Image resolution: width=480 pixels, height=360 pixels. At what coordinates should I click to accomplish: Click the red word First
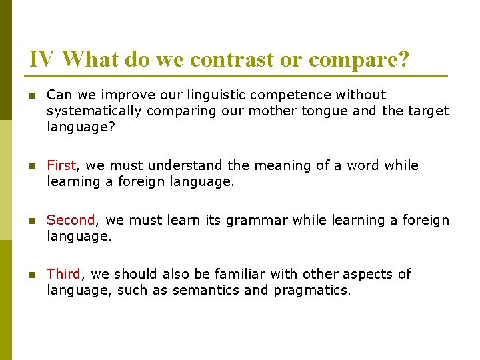[62, 165]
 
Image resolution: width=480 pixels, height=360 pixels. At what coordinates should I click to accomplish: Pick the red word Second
[71, 219]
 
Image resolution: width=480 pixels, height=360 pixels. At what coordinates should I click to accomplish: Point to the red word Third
[63, 273]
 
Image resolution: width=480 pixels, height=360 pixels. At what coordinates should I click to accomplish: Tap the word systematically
[94, 111]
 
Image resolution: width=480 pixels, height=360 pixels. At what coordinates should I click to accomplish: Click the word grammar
[257, 219]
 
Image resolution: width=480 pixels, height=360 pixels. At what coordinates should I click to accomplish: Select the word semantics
[202, 290]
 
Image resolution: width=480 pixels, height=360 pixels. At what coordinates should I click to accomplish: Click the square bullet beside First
[31, 165]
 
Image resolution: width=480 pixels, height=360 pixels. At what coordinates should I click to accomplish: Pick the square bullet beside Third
[31, 274]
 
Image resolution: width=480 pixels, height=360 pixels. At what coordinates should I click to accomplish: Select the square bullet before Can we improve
[31, 95]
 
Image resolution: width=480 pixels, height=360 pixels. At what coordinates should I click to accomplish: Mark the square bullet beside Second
[31, 220]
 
